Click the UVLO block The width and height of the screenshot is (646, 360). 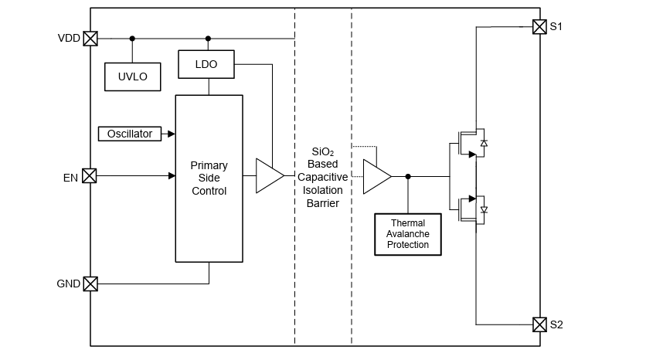[132, 76]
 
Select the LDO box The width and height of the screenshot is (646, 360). [208, 64]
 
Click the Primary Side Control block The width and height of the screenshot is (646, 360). [209, 178]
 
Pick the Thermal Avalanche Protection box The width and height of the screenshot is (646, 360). [408, 234]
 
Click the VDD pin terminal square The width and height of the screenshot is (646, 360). [90, 38]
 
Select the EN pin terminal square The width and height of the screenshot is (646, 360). [90, 176]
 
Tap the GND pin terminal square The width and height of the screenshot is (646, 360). [90, 284]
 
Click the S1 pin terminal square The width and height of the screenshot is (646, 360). [539, 27]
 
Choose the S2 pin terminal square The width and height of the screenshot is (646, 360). [539, 324]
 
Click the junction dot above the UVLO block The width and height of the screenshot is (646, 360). [132, 38]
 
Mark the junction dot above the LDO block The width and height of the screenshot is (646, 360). [208, 38]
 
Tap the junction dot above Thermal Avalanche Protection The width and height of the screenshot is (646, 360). [408, 176]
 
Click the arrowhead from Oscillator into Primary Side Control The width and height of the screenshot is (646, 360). [172, 134]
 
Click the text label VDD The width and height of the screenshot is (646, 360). [69, 38]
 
